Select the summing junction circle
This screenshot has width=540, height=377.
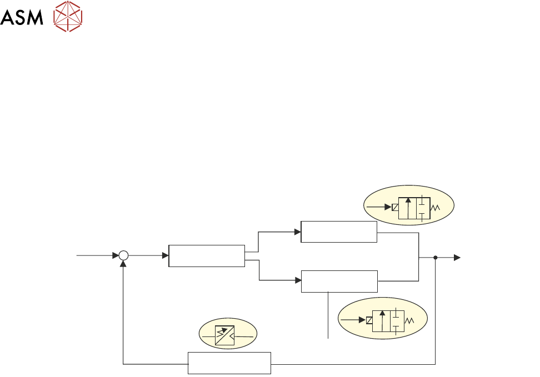pos(123,255)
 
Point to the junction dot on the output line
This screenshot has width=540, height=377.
pos(435,257)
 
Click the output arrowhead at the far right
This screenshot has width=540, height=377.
pos(457,257)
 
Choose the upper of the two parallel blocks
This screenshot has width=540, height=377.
pos(339,232)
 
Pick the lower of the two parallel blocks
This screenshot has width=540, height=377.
pos(339,281)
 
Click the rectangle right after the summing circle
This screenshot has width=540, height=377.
pos(207,255)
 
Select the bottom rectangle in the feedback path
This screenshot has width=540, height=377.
pos(229,363)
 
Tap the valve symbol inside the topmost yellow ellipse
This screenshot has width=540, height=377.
pos(414,208)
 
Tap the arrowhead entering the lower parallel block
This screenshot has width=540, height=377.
pos(298,280)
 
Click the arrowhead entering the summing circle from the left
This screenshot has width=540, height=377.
pos(116,255)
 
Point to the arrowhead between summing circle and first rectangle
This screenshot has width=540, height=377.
pos(165,255)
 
